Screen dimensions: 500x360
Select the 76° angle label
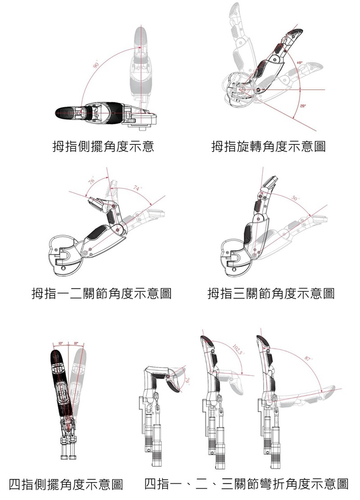coord(91,181)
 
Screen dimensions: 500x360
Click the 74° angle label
coord(137,189)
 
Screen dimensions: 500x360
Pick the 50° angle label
coord(295,198)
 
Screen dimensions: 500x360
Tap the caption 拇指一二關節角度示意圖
coord(101,294)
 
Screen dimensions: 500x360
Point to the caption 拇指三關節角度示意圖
coord(271,294)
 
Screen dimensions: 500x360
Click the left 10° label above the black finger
coord(60,344)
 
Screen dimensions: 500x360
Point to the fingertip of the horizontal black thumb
coord(57,112)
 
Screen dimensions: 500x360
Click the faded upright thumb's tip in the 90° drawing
coord(141,31)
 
